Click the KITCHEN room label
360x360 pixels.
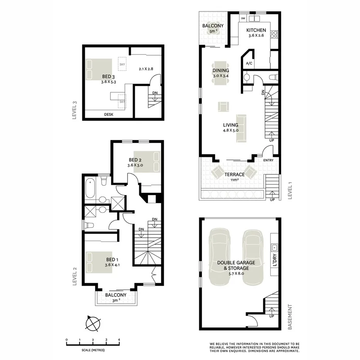256,30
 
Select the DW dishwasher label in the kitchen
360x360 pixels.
243,18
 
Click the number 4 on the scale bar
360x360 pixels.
119,340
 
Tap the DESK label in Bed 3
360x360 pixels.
109,114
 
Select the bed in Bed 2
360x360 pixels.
155,161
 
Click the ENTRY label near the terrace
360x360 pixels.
268,160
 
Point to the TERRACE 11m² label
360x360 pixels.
235,177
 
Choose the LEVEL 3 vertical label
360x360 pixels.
75,111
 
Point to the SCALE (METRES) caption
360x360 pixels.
93,350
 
